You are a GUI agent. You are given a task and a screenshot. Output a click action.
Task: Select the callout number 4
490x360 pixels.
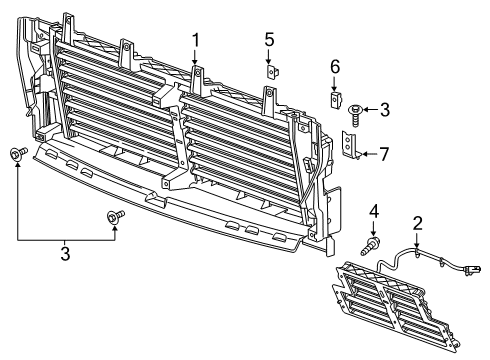pos(373,211)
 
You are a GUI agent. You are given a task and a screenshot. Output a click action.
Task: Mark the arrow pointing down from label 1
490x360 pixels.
pos(196,57)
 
